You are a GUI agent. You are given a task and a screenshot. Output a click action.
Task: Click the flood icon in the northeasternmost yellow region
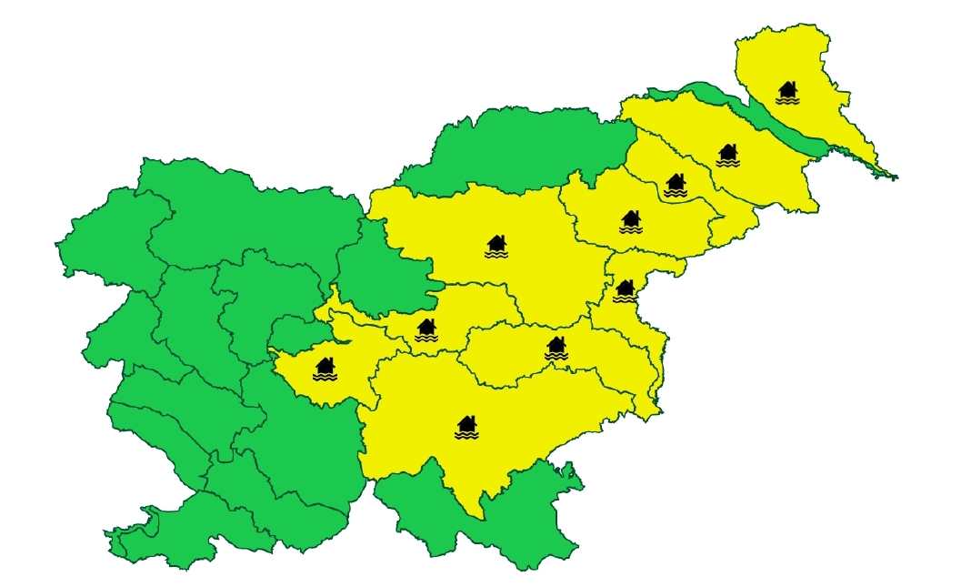pyautogui.click(x=787, y=92)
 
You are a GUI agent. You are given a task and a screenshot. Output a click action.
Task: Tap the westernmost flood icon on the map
pyautogui.click(x=325, y=369)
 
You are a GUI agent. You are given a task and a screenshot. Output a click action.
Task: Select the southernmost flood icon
pyautogui.click(x=466, y=427)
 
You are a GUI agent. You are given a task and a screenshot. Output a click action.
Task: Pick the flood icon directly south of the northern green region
pyautogui.click(x=496, y=247)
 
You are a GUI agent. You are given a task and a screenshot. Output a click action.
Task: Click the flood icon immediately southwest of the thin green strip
pyautogui.click(x=727, y=156)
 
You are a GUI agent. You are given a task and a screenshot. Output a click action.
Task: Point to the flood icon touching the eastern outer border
pyautogui.click(x=624, y=291)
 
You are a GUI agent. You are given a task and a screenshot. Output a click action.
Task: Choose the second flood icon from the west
pyautogui.click(x=425, y=329)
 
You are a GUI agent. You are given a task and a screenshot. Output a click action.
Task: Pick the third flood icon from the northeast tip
pyautogui.click(x=675, y=186)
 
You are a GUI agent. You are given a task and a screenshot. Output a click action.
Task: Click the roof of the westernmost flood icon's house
pyautogui.click(x=325, y=362)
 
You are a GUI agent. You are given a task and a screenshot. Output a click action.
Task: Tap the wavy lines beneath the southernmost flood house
pyautogui.click(x=466, y=435)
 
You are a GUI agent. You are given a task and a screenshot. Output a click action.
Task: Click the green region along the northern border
pyautogui.click(x=527, y=146)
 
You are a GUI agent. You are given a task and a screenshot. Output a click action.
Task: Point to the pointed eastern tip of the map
pyautogui.click(x=896, y=177)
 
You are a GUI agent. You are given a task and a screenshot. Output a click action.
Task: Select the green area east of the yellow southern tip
pyautogui.click(x=536, y=519)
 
